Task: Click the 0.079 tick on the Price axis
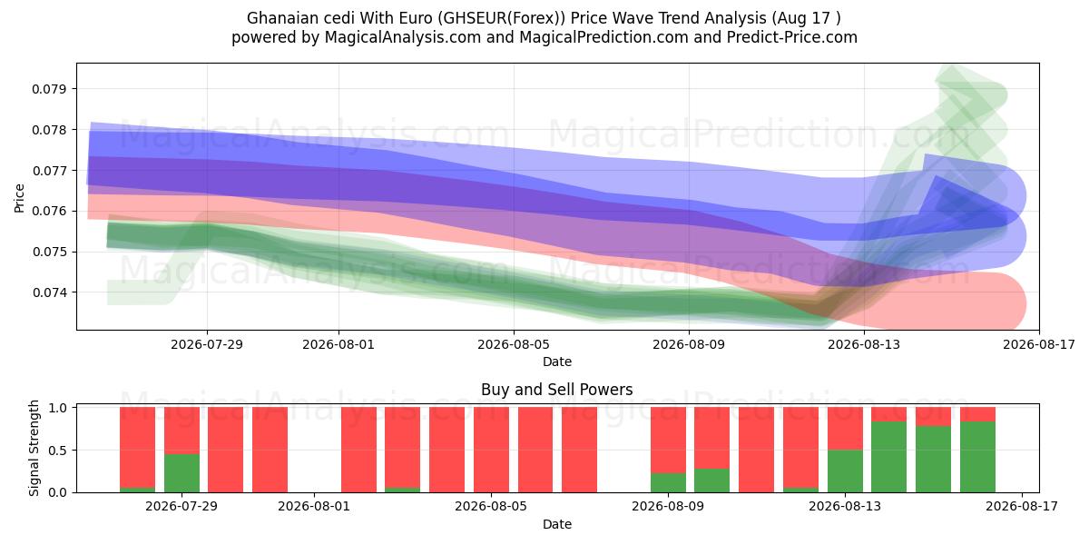point(48,89)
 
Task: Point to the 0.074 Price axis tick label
point(48,292)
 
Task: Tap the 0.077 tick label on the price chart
point(48,171)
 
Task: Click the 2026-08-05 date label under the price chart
point(514,344)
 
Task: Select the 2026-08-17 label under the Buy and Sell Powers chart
point(1022,507)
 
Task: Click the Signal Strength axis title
point(34,448)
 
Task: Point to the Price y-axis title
point(19,198)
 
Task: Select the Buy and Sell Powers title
point(556,390)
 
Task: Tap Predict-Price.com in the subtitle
point(792,37)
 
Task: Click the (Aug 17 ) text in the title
point(806,18)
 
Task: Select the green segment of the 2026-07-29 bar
point(181,473)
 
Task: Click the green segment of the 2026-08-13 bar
point(845,471)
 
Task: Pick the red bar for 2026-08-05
point(491,450)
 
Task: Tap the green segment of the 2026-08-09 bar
point(668,482)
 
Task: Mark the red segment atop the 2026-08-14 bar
point(888,414)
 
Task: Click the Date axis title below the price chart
point(556,362)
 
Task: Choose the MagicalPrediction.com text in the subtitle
point(603,37)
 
